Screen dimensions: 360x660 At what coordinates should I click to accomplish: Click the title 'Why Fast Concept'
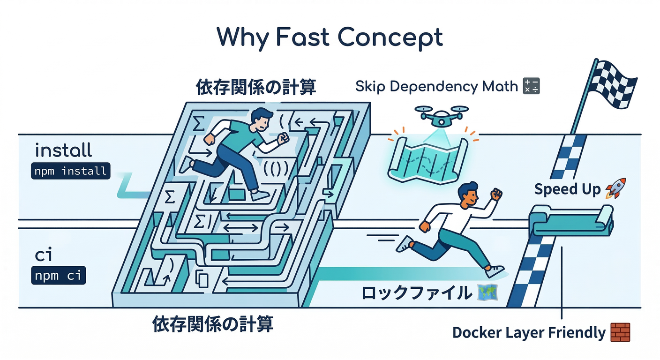(330, 37)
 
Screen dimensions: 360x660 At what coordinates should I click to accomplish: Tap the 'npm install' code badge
(70, 171)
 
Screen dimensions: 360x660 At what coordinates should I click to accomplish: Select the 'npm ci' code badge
(58, 275)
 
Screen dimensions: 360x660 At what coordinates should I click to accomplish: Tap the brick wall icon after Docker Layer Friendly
(620, 332)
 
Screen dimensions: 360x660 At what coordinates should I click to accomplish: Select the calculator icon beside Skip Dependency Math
(531, 86)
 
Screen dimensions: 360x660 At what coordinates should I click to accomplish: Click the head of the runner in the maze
(261, 120)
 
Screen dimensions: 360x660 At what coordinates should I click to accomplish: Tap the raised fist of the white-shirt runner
(495, 194)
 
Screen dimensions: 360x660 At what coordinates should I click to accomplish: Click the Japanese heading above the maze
(255, 87)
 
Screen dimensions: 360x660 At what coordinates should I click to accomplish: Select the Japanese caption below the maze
(213, 324)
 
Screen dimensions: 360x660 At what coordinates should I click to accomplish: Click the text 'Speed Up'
(567, 189)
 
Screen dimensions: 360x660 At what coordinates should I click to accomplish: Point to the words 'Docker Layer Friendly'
(529, 333)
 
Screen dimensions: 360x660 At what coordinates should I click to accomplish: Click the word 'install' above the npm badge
(63, 151)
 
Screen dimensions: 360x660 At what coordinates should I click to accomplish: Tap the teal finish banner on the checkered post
(572, 223)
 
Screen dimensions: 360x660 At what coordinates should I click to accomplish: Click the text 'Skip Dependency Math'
(436, 87)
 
